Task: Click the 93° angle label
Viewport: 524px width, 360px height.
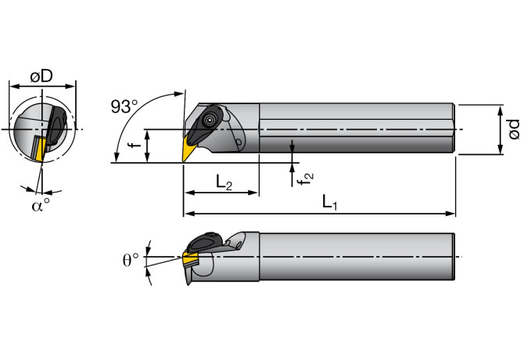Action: click(124, 107)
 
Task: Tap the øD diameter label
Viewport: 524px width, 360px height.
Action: click(42, 76)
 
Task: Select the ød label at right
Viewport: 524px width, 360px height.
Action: click(512, 128)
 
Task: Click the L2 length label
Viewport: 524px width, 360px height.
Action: click(224, 183)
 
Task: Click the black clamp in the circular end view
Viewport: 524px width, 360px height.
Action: click(56, 127)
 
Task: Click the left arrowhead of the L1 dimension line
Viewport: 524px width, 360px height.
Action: click(187, 213)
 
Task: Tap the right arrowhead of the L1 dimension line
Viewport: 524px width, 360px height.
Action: click(451, 213)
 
